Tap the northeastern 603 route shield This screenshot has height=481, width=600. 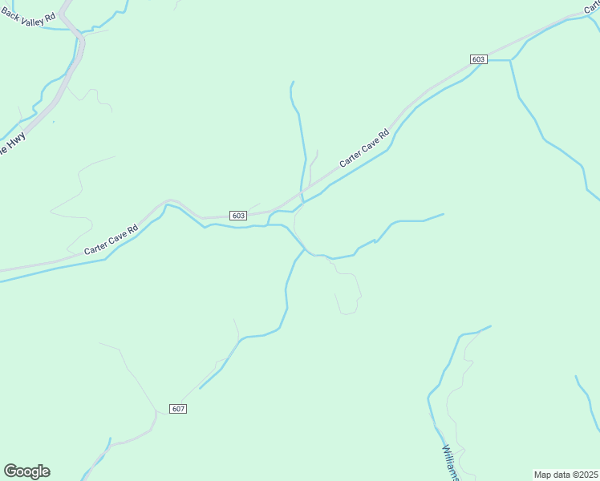479,59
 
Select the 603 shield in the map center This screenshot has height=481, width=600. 237,216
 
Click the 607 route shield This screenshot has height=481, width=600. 178,409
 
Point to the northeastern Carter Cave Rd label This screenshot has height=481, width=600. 363,148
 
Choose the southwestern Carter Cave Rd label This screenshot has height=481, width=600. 111,240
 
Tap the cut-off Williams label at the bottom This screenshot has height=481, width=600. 449,463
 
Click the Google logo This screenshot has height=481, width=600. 26,471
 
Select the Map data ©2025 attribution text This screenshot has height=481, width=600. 566,475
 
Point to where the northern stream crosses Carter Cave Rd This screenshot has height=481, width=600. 302,193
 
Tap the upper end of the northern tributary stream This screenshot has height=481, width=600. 294,82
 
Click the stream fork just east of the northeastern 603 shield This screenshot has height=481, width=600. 510,60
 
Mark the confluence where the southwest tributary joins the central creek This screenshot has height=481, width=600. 304,249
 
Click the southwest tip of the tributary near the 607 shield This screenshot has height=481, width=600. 200,388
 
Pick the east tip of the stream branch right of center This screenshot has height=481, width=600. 444,213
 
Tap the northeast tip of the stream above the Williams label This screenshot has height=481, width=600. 490,325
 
